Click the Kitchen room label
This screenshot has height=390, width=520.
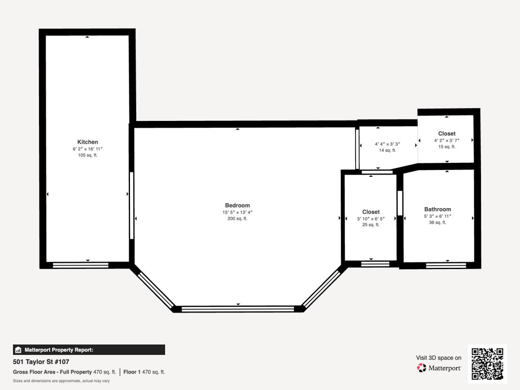coord(88,142)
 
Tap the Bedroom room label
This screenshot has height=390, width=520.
coord(237,205)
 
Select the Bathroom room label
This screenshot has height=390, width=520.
coord(438,209)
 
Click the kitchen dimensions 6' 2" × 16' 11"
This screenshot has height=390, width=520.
coord(88,149)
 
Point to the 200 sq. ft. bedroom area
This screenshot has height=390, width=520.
coord(237,218)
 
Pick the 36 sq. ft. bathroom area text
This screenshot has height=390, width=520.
coord(438,223)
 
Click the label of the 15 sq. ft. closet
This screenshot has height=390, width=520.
coord(447,133)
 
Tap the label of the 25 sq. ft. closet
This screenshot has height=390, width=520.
coord(371,212)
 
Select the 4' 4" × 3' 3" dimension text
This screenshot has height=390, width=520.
coord(387,144)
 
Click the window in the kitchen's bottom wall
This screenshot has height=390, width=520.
coord(81,265)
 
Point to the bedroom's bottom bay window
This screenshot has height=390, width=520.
coord(237,309)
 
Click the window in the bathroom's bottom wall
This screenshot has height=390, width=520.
coord(446,266)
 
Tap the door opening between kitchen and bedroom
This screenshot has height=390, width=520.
coord(132,205)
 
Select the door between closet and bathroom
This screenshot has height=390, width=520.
coord(400,203)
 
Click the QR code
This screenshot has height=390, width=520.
coord(487,364)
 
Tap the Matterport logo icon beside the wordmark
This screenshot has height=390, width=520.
coord(422,368)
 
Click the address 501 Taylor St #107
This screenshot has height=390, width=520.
coord(41,362)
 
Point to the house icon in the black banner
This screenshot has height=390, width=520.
coord(18,350)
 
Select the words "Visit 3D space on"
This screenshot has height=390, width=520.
coord(439,358)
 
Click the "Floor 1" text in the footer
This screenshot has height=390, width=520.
coord(132,372)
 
